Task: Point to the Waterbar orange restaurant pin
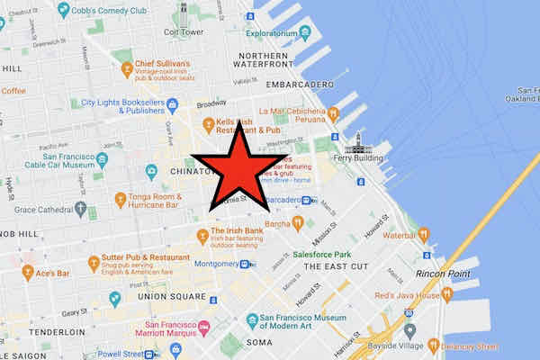423,235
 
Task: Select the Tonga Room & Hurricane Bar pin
120,199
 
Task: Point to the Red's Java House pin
447,295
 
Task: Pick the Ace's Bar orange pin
27,272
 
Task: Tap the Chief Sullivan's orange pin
127,68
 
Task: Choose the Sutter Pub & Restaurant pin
93,264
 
